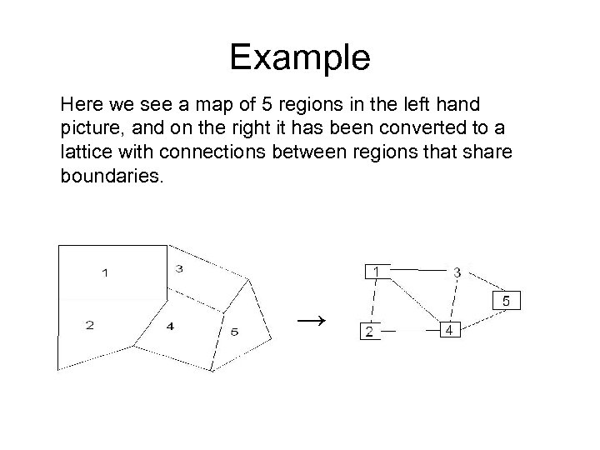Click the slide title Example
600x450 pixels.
coord(299,57)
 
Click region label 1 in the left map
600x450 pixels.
coord(105,272)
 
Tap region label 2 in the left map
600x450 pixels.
coord(89,326)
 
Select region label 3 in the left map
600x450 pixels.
coord(180,268)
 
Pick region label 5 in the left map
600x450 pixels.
coord(234,332)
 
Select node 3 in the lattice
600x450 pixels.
coord(457,272)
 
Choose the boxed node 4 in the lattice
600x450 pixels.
coord(449,330)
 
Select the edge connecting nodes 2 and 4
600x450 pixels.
coord(408,331)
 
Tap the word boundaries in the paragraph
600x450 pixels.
coord(107,177)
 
